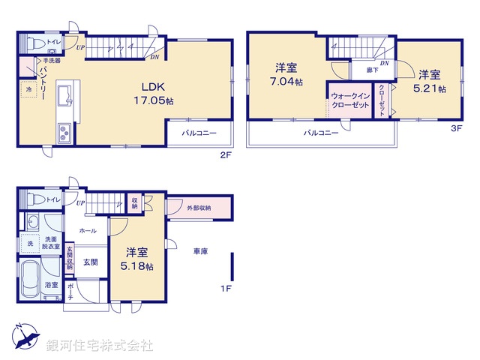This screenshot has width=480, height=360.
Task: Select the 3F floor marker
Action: point(455,127)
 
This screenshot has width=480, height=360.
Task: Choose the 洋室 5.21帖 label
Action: point(432,81)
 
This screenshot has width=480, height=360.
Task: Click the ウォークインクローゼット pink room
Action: point(349,100)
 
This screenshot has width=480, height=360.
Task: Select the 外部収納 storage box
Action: point(199,208)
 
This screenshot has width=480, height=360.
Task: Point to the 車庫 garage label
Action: point(200,251)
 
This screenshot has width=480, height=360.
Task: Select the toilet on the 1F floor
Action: point(32,199)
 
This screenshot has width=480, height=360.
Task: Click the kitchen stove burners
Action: point(62,135)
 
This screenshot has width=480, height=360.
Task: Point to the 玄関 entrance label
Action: point(89,262)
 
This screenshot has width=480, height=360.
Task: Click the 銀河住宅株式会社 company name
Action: point(100,346)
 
